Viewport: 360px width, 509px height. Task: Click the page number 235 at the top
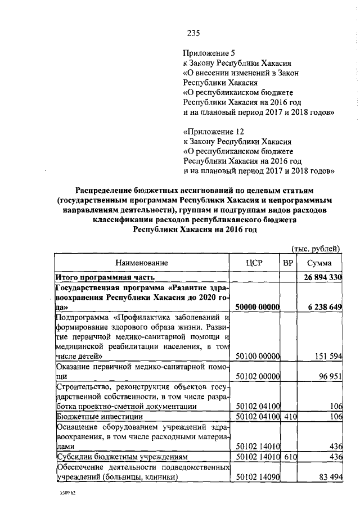coord(194,33)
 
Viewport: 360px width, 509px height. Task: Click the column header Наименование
coord(142,263)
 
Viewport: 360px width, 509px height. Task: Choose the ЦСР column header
coord(256,263)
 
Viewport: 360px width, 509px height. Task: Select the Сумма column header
coord(319,263)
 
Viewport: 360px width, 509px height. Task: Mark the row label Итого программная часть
coord(105,277)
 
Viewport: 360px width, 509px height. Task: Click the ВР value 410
coord(289,416)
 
